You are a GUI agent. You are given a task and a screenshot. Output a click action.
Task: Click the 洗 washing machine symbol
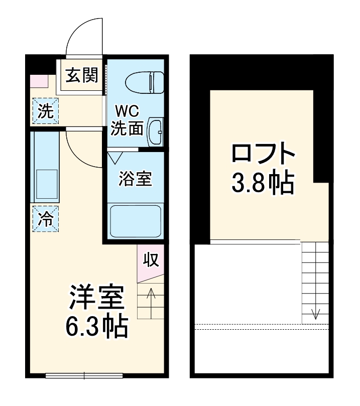(x=46, y=111)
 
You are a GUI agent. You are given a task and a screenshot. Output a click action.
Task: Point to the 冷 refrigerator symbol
(x=46, y=218)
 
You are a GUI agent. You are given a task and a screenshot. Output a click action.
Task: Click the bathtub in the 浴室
(x=135, y=221)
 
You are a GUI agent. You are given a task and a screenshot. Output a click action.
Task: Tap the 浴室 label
(x=135, y=179)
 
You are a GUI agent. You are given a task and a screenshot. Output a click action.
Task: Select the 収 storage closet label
(x=151, y=259)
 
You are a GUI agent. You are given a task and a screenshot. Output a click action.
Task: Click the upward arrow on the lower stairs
(x=151, y=299)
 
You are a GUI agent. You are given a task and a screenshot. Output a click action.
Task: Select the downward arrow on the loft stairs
(x=315, y=314)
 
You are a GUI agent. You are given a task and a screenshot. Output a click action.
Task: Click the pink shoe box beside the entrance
(x=39, y=80)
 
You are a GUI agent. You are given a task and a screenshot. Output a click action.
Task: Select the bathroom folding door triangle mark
(x=114, y=157)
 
